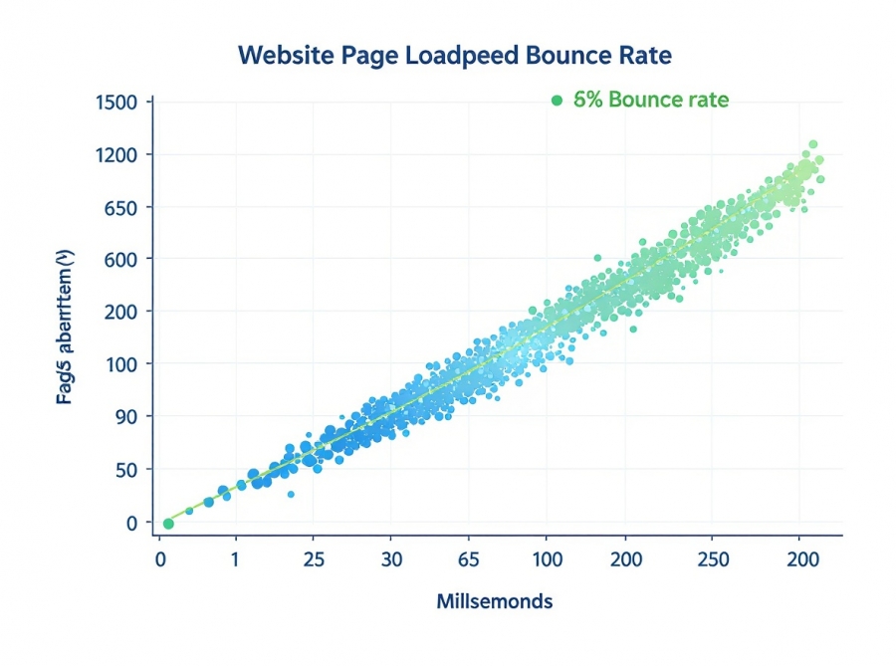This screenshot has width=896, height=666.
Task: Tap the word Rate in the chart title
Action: [x=646, y=55]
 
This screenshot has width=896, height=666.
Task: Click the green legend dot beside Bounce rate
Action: [x=557, y=101]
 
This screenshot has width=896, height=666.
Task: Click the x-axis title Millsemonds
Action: [x=494, y=601]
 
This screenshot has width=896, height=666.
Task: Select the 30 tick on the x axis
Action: [x=392, y=559]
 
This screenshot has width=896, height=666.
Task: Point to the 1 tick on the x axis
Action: [x=235, y=559]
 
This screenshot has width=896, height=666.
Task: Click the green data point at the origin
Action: [x=168, y=524]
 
